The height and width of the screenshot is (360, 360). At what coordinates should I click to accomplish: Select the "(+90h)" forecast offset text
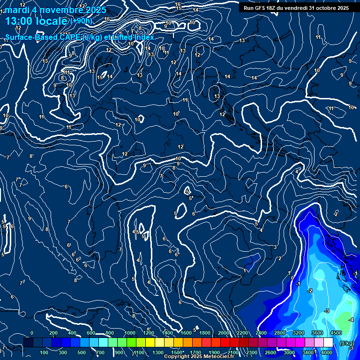(81, 21)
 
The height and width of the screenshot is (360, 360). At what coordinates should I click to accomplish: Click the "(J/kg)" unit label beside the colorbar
(347, 343)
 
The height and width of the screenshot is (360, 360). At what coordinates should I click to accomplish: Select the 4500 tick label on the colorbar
(336, 333)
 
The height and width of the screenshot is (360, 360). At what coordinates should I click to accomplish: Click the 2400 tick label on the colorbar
(261, 333)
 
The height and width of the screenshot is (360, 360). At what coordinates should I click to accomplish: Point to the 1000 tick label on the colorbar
(130, 333)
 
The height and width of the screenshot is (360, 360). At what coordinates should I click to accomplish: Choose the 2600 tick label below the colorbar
(270, 352)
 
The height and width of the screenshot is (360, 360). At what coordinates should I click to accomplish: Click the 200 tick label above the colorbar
(53, 333)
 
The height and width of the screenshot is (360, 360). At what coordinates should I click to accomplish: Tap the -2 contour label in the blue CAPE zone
(310, 291)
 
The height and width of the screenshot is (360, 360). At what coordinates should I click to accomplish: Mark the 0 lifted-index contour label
(292, 278)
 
